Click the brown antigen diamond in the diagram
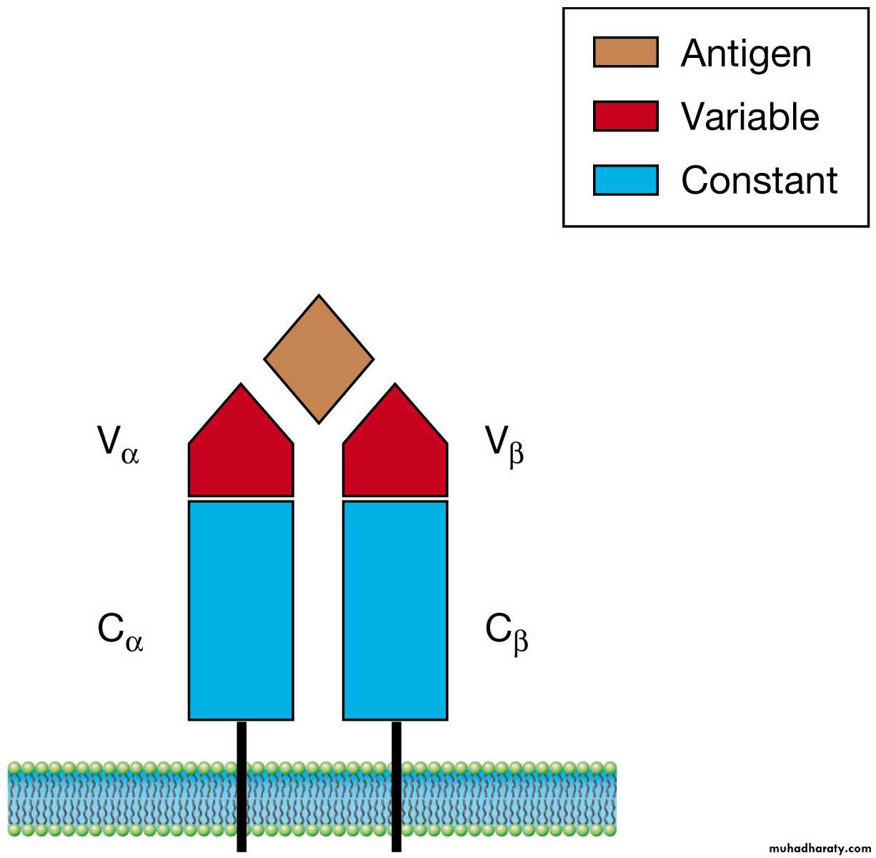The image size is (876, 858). [319, 359]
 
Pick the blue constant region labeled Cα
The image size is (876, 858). [241, 610]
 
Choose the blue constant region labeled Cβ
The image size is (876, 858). [395, 610]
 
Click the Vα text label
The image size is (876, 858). [119, 445]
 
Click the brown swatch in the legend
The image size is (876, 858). [625, 53]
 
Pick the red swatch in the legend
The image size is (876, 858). [625, 116]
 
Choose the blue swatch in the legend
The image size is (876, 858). [625, 179]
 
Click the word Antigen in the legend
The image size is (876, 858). [746, 54]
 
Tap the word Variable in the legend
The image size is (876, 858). [750, 117]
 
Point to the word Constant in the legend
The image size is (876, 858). [759, 180]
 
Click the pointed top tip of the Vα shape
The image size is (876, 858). [241, 385]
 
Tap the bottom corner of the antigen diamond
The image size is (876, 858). [319, 421]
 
